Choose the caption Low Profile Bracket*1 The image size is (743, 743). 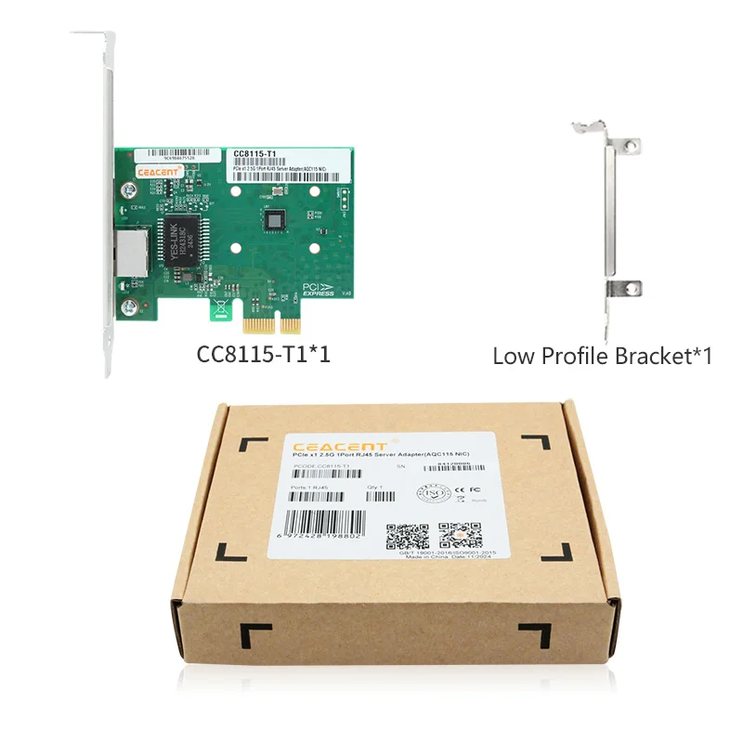pos(602,355)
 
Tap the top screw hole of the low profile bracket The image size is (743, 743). pos(631,146)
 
